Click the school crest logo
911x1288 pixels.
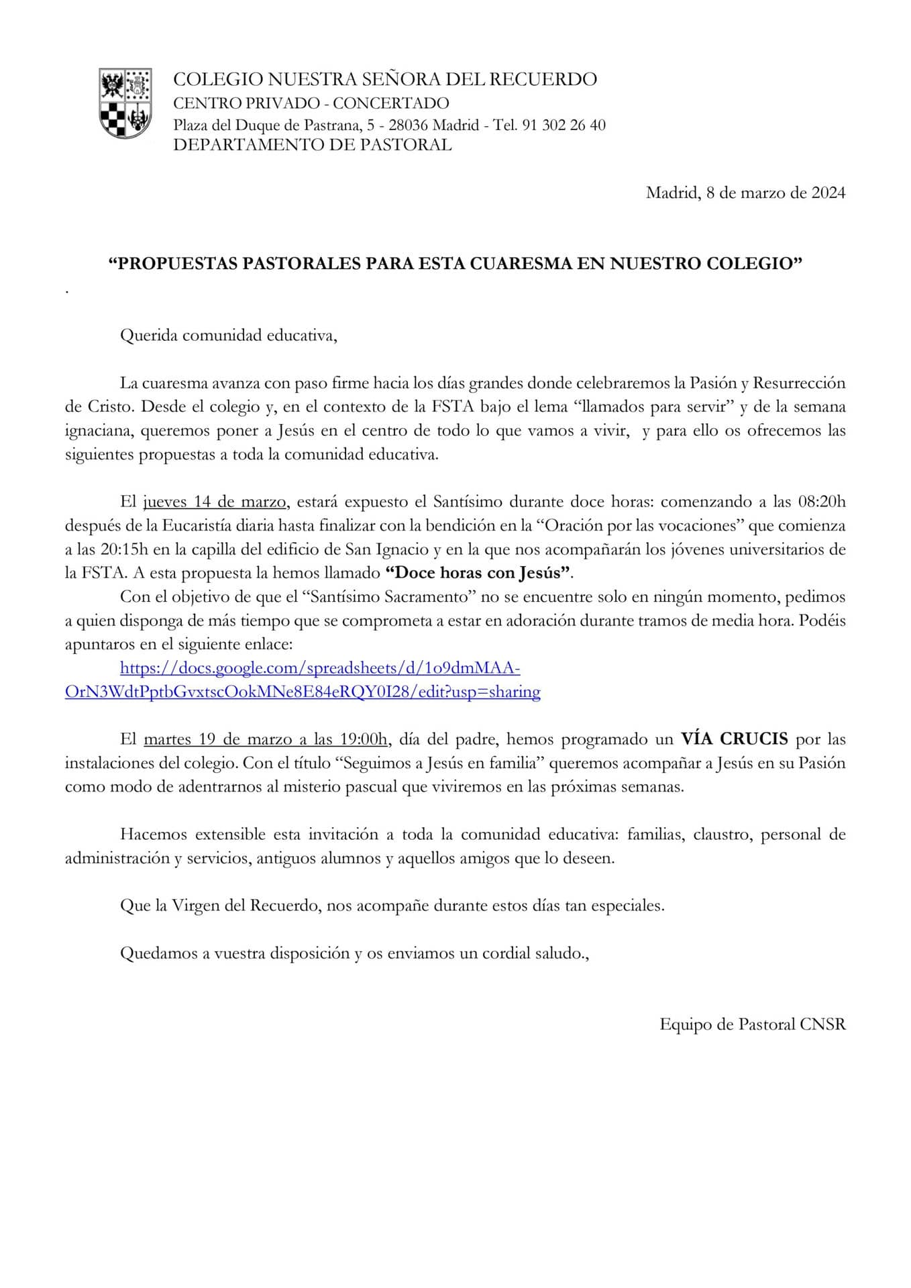(125, 103)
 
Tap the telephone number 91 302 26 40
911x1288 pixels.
(563, 125)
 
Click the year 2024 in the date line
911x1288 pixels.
(828, 193)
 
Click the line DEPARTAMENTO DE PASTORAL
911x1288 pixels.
(312, 145)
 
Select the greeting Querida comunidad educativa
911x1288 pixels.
(228, 335)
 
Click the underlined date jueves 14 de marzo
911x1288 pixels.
(215, 502)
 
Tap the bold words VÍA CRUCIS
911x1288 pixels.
(735, 739)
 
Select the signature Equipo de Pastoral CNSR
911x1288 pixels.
(752, 1024)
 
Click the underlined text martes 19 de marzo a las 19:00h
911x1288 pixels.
(266, 739)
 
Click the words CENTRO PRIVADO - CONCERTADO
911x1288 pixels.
(311, 103)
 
